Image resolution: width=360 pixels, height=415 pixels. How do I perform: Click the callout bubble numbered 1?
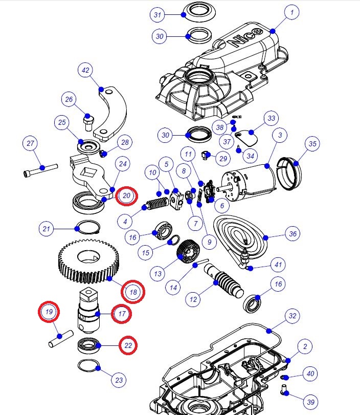(x=291, y=12)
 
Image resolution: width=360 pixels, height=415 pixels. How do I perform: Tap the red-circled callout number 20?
(x=127, y=196)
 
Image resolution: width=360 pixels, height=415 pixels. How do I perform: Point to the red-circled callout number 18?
(x=133, y=292)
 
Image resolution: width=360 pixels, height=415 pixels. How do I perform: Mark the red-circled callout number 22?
(x=128, y=346)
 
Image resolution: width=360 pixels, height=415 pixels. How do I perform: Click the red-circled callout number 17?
(x=122, y=313)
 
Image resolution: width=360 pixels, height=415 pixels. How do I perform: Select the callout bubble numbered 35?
(x=312, y=144)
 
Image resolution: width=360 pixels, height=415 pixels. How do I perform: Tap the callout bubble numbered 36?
(x=292, y=234)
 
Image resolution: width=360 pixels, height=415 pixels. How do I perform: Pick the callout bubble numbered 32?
(x=292, y=316)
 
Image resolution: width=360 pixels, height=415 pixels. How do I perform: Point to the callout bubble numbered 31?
(x=158, y=15)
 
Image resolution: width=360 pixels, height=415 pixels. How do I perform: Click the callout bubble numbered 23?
(x=119, y=380)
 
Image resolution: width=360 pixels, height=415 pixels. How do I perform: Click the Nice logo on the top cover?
(x=247, y=38)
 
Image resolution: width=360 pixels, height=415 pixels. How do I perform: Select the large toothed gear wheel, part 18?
(x=90, y=264)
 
